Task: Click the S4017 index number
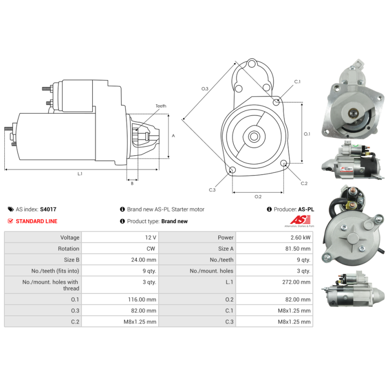[48, 210]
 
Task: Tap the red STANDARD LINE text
[36, 221]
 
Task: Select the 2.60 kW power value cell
[274, 237]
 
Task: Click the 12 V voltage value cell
[120, 237]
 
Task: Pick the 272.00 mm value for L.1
[274, 285]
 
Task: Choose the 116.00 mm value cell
[120, 299]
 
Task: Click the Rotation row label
[68, 249]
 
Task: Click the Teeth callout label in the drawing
[161, 106]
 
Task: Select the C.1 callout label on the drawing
[297, 81]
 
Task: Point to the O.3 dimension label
[205, 89]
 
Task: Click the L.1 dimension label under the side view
[80, 174]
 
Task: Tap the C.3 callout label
[212, 190]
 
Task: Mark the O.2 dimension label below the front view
[258, 196]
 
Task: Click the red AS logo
[300, 220]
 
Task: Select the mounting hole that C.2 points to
[284, 163]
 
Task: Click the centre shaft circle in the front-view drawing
[254, 136]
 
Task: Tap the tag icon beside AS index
[11, 210]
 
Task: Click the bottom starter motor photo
[354, 289]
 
